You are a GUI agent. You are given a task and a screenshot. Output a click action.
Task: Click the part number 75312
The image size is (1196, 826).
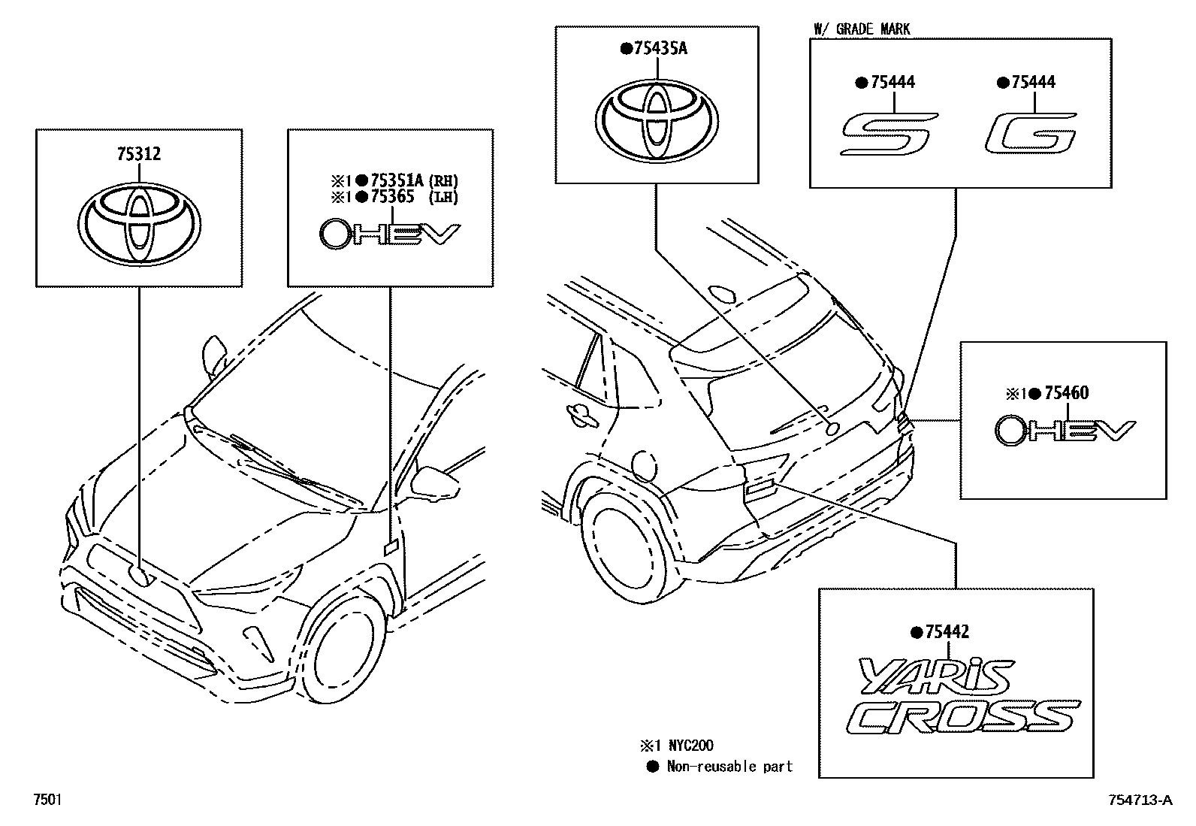[x=139, y=154]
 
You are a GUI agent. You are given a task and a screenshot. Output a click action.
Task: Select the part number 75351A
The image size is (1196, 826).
[x=398, y=180]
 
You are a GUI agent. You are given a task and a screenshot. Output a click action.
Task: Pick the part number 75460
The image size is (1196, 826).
[x=1066, y=393]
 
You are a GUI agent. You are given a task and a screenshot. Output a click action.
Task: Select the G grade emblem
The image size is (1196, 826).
[x=1031, y=134]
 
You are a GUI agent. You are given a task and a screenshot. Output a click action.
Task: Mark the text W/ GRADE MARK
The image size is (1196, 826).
[x=861, y=29]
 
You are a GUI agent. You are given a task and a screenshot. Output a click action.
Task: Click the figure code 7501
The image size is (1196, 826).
[x=47, y=800]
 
